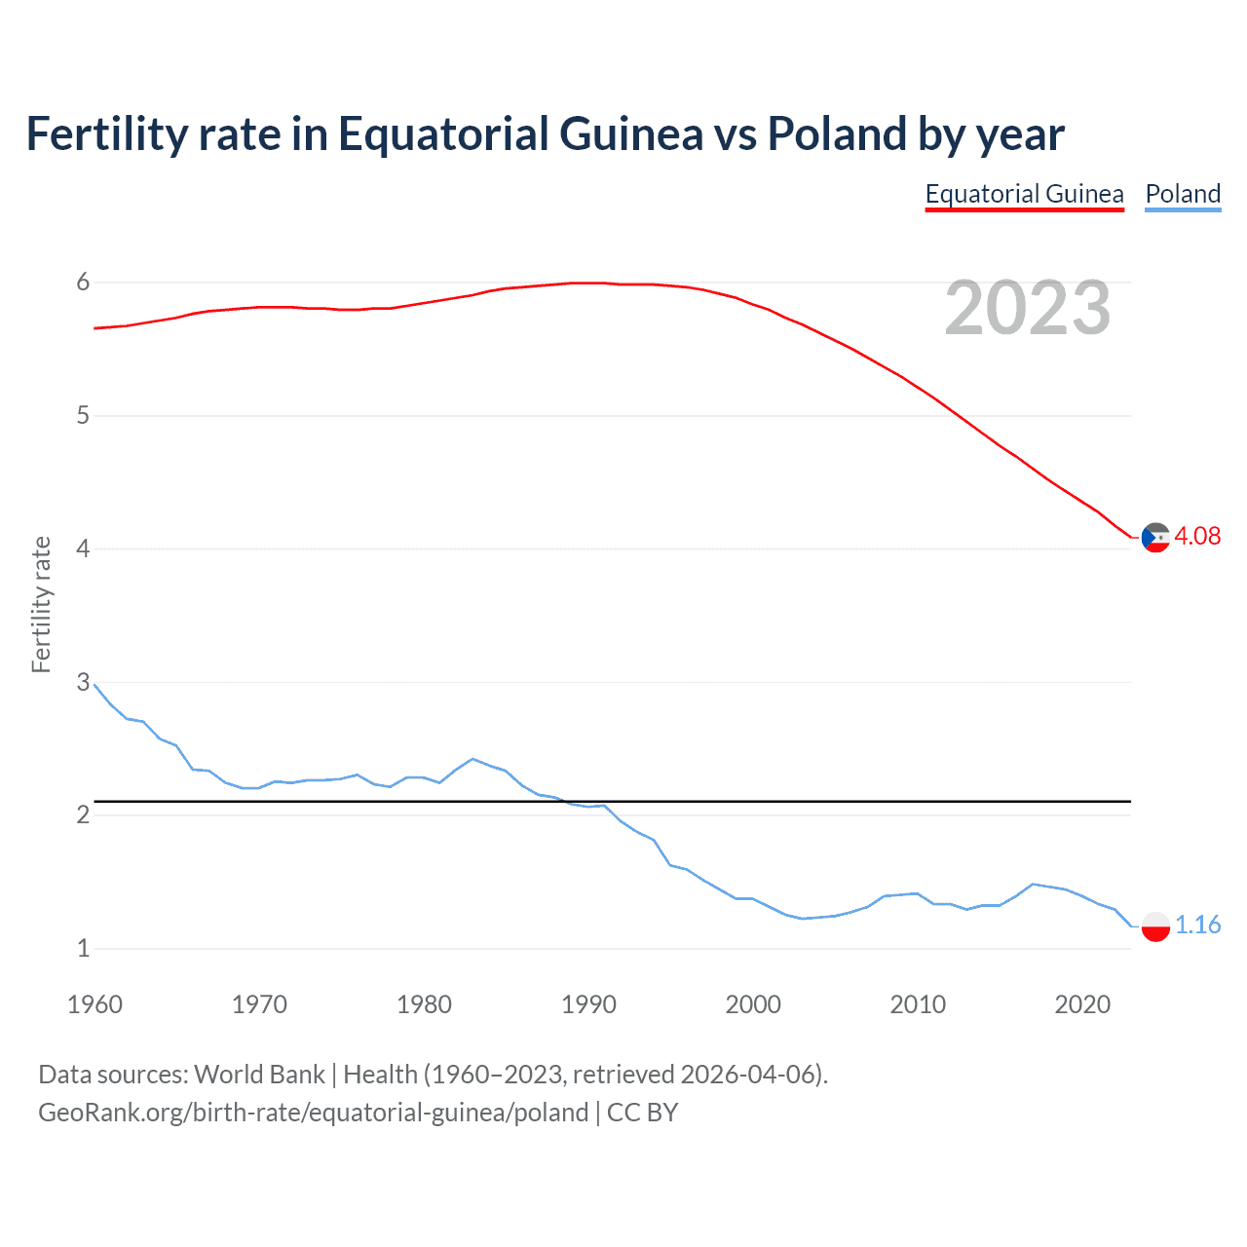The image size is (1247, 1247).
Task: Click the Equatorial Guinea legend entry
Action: click(1024, 194)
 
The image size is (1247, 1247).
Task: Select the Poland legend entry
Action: click(1183, 194)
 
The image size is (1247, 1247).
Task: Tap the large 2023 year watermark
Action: click(1027, 308)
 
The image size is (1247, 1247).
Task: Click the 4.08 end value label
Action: click(1197, 536)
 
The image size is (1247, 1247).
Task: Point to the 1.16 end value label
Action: click(1197, 925)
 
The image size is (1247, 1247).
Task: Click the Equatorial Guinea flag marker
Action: click(1155, 537)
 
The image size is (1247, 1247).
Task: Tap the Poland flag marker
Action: click(1155, 926)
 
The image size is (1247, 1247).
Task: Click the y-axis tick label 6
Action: click(83, 283)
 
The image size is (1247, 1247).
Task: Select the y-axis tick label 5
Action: click(83, 416)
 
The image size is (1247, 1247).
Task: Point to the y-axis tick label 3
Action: click(83, 682)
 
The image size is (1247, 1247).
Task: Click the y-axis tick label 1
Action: click(83, 948)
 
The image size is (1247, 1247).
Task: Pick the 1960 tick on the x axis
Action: click(94, 1004)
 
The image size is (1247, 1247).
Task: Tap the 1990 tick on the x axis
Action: click(588, 1004)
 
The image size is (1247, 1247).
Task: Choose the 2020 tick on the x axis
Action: click(1082, 1004)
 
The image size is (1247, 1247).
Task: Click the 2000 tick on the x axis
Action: click(753, 1004)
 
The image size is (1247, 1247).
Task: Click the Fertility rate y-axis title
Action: click(41, 604)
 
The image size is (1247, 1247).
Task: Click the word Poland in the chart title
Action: click(838, 133)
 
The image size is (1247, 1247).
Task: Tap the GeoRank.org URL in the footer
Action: click(313, 1113)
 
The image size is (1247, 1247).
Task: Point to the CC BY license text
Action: click(642, 1113)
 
